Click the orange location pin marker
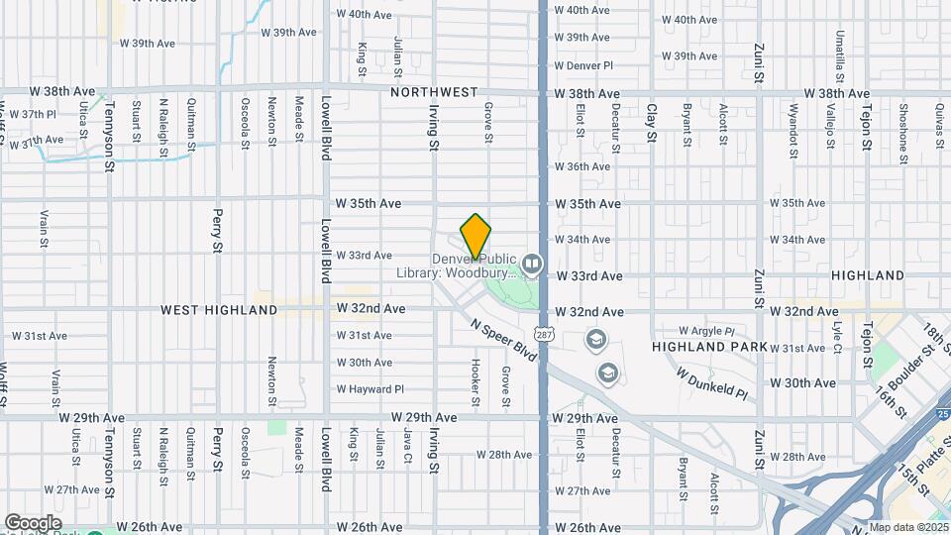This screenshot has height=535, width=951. [475, 236]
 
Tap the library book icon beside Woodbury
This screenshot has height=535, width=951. [533, 264]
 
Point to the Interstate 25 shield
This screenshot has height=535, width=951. [942, 413]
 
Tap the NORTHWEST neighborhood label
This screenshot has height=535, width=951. [434, 92]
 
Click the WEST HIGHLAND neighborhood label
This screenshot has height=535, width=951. [220, 310]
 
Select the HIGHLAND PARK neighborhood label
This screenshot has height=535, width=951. [709, 347]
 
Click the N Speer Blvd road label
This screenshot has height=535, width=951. [506, 340]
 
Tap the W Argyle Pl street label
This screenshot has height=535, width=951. [706, 331]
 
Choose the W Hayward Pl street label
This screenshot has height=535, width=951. [370, 389]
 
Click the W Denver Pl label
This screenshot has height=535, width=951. [583, 65]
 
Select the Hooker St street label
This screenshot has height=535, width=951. [476, 381]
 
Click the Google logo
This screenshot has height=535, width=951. [33, 522]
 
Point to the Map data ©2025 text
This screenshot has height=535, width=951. [908, 527]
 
